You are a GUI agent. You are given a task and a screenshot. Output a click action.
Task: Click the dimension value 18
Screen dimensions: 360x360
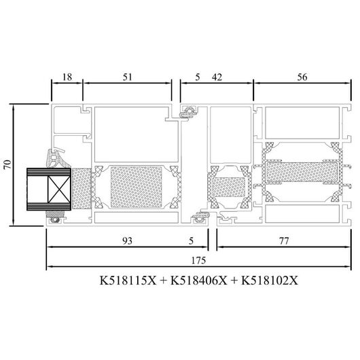[x=67, y=77]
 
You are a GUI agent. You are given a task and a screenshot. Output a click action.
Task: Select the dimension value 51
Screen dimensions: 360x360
[x=128, y=77]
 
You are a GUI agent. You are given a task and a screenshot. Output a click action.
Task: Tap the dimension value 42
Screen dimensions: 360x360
[x=217, y=77]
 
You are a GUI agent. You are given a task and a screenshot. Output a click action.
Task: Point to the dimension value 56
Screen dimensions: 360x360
[x=302, y=77]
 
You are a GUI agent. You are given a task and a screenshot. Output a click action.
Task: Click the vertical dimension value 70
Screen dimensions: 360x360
[x=7, y=164]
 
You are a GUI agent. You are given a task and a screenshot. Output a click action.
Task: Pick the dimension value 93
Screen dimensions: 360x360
[x=127, y=240]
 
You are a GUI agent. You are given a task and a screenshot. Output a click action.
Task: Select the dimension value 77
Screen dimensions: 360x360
[x=284, y=241]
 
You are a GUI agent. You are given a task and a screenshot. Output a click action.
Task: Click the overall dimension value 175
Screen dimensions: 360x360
[x=198, y=260]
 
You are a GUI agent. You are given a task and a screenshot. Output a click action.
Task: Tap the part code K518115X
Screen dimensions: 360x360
[x=128, y=280]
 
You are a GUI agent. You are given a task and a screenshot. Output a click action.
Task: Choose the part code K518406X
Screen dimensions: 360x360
[x=199, y=280]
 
